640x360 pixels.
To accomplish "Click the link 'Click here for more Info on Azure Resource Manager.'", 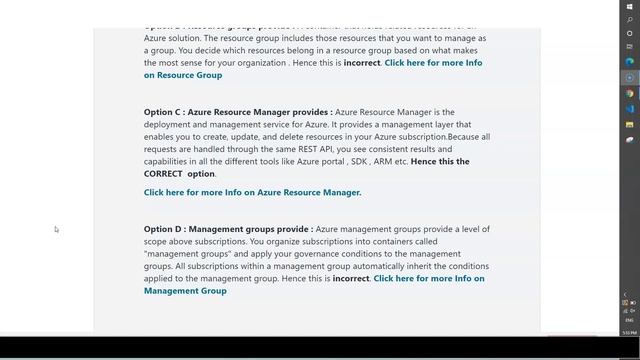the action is click(252, 192).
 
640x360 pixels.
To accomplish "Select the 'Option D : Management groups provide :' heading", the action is click(228, 229).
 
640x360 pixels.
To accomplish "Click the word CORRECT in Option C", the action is click(163, 174).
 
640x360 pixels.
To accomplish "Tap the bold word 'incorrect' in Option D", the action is click(351, 279).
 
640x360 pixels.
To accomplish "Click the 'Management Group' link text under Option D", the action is click(185, 291).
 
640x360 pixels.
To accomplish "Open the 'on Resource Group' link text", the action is click(183, 75).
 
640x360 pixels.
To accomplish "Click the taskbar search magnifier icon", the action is click(630, 19).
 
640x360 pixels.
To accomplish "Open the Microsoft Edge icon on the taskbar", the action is click(630, 62).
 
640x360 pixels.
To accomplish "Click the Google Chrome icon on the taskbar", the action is click(630, 93).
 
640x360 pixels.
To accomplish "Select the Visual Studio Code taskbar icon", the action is click(630, 108).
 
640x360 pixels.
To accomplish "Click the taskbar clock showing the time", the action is click(629, 332).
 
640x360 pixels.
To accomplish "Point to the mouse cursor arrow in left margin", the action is click(56, 229).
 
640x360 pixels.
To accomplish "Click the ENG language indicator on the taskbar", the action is click(629, 320).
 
